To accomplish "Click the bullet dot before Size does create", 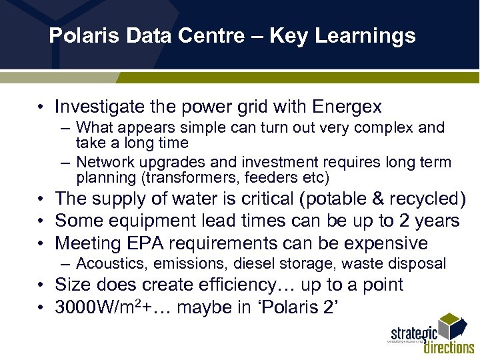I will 41,285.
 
